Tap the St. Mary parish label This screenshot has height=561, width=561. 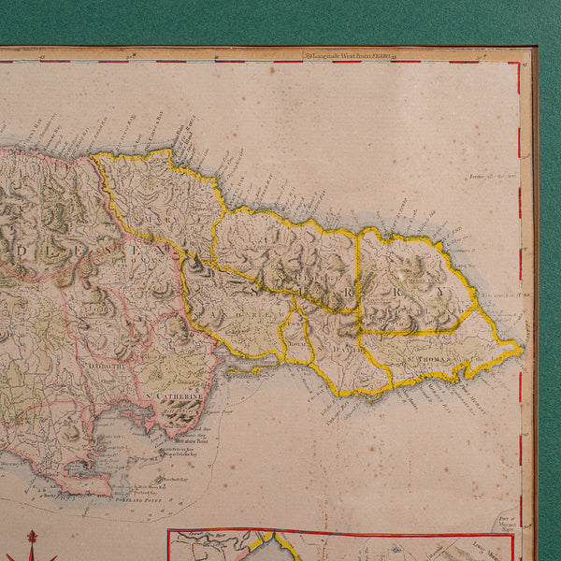pos(159,220)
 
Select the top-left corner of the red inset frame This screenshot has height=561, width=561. pos(169,533)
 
